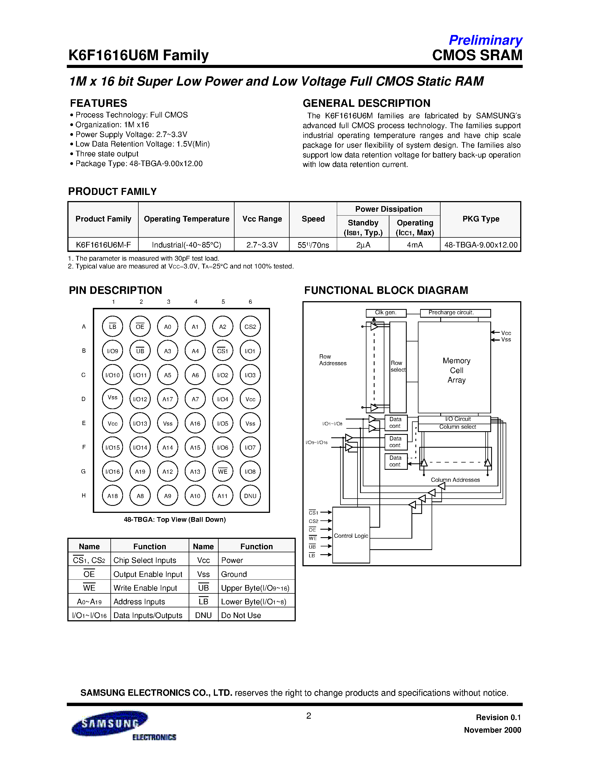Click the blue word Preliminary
tap(485, 41)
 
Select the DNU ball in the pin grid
tap(250, 496)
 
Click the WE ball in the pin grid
tap(223, 471)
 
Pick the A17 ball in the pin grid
tap(167, 399)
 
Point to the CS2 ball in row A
tap(250, 327)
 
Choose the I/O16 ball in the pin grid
tap(113, 471)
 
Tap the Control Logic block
tap(351, 536)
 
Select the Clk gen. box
tap(386, 313)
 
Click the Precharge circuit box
tap(455, 313)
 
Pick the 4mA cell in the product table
tap(415, 245)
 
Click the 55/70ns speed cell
tap(313, 245)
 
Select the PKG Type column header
tap(481, 219)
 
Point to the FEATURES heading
tap(98, 103)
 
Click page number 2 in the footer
tap(309, 716)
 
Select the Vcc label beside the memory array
tap(506, 333)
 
